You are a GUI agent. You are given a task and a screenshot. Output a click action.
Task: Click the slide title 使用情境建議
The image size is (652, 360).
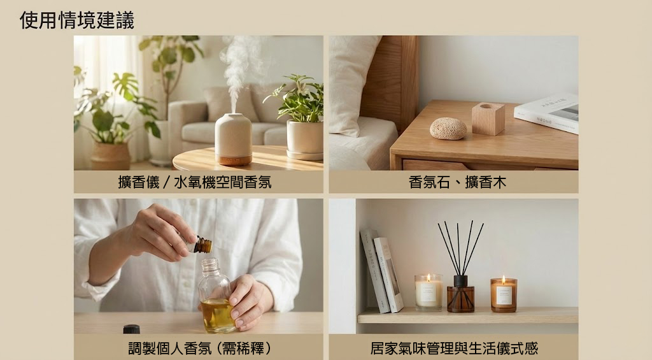77,20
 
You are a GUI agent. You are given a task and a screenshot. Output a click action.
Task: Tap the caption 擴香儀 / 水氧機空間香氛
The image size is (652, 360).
195,182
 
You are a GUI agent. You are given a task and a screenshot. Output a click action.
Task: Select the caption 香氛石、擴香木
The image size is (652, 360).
457,182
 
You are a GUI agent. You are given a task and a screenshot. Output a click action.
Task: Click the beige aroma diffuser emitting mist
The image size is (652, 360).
233,140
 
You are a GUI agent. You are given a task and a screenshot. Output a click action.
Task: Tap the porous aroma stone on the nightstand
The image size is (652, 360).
448,128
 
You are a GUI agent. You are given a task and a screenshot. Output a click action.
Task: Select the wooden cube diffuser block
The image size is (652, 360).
488,119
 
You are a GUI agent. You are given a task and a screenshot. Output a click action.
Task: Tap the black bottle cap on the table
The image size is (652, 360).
131,329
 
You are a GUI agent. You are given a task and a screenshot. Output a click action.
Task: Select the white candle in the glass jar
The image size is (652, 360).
429,293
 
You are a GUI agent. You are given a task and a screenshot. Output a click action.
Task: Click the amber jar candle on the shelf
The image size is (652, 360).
504,295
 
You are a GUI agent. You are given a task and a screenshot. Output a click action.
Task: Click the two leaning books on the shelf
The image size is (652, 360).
381,271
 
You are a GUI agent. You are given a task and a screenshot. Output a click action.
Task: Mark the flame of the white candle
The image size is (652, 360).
429,278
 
